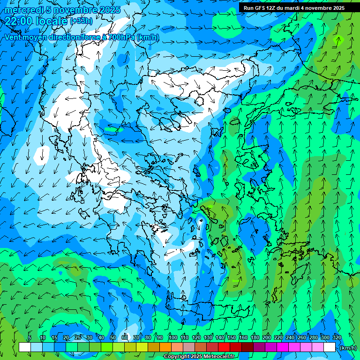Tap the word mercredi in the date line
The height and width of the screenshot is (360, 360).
click(x=23, y=10)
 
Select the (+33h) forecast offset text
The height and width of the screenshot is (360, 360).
click(x=81, y=21)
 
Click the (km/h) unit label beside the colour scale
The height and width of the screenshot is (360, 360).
click(x=348, y=348)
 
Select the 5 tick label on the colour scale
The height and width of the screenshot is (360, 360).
click(x=29, y=337)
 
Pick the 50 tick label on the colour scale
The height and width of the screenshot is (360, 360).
click(x=113, y=337)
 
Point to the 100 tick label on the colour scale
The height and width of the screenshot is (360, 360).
click(x=173, y=337)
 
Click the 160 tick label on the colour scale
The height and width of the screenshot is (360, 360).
click(x=243, y=337)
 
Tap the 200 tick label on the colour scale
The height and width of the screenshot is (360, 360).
click(x=267, y=337)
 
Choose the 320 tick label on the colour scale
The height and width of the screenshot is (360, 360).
click(x=337, y=337)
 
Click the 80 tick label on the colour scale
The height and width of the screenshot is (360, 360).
click(x=148, y=337)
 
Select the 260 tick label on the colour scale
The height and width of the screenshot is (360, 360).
click(x=302, y=337)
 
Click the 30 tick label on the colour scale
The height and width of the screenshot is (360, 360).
click(x=90, y=337)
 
